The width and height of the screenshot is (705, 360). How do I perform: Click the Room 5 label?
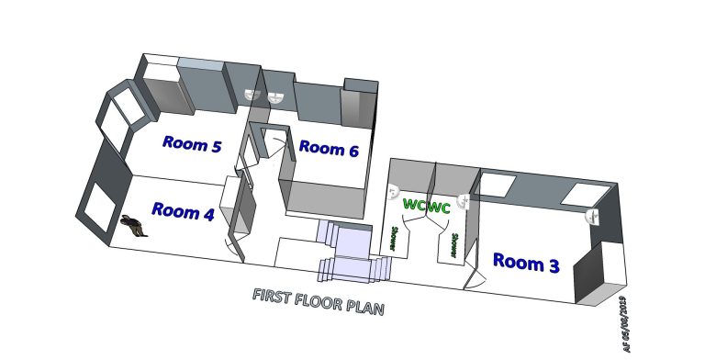click(x=192, y=144)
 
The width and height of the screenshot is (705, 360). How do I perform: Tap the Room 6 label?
click(x=329, y=149)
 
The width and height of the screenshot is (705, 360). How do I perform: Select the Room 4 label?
click(x=183, y=211)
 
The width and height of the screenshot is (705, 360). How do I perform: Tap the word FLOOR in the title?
click(x=319, y=301)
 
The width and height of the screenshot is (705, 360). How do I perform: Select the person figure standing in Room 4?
click(x=133, y=225)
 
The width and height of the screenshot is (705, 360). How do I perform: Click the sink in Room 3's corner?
click(x=593, y=216)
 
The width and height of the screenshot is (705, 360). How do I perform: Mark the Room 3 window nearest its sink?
click(x=581, y=195)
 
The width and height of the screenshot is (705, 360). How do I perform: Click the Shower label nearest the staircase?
click(x=393, y=238)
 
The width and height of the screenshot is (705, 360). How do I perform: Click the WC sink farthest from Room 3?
click(x=394, y=192)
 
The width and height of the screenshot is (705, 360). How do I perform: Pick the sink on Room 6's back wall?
click(x=274, y=97)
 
